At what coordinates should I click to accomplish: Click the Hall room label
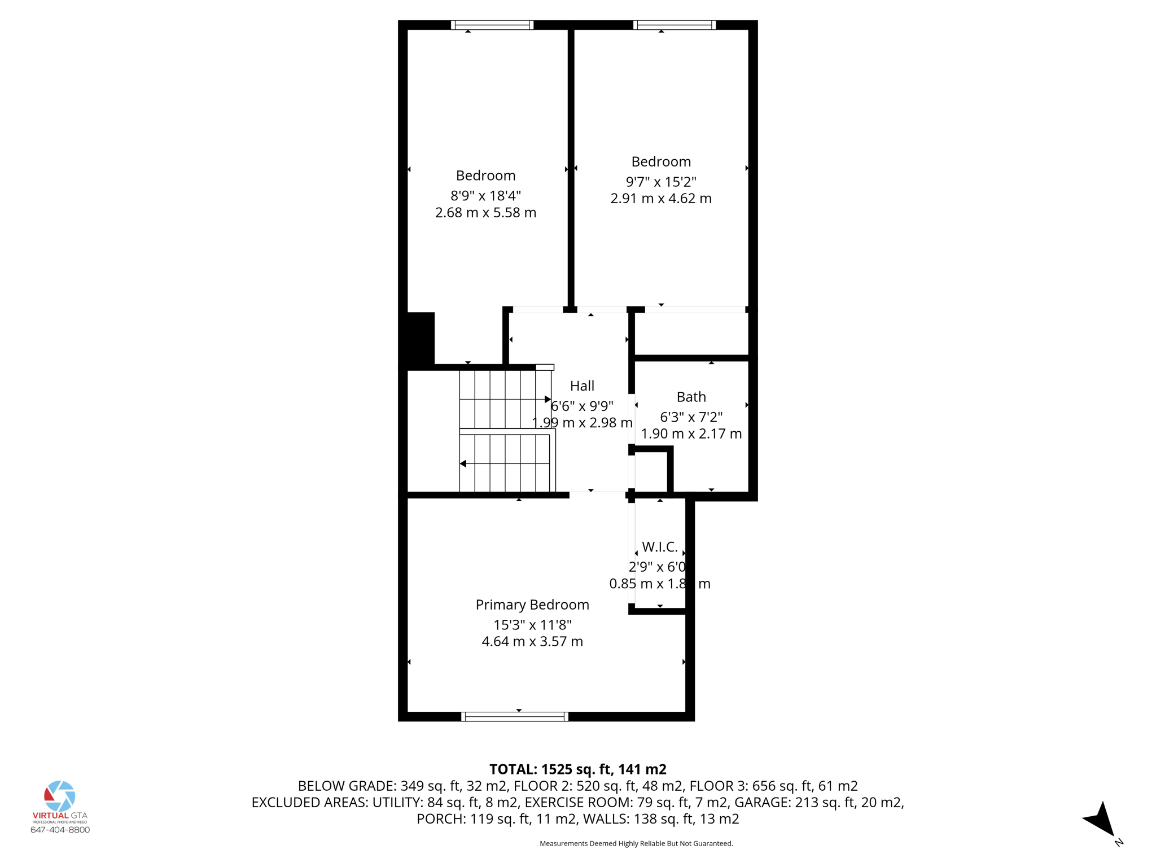coord(582,386)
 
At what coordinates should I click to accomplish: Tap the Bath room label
coord(691,397)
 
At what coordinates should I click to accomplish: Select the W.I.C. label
coord(659,547)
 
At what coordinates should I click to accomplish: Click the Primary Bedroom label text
coord(532,605)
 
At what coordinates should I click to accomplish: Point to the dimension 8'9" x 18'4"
coord(485,196)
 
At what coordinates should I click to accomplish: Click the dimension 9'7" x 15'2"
coord(661,182)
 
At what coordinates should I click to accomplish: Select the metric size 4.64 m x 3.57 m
coord(532,642)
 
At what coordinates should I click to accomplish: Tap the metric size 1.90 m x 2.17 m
coord(691,434)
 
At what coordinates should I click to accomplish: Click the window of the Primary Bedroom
coord(515,717)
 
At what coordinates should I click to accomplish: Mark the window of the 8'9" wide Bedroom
coord(492,25)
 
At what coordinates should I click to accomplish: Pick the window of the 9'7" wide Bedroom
coord(674,25)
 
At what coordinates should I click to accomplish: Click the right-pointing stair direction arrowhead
coord(548,400)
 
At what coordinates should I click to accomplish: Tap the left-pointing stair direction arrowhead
coord(463,464)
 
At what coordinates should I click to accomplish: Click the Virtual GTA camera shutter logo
coord(60,796)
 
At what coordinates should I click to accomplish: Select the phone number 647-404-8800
coord(60,830)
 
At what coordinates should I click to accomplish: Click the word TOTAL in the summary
coord(513,769)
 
